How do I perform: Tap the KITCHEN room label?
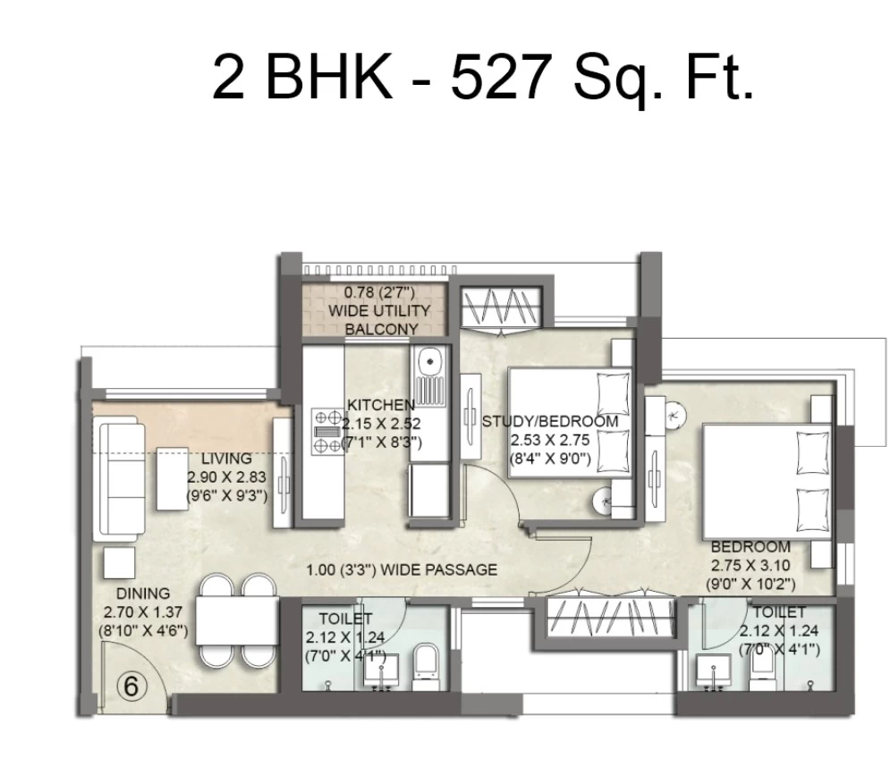(381, 405)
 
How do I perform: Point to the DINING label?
(143, 594)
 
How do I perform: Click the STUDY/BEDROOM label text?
(550, 422)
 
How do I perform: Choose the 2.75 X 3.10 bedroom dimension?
(750, 566)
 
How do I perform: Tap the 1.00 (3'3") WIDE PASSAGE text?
(402, 569)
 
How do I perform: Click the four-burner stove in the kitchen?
(326, 431)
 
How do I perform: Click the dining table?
(237, 620)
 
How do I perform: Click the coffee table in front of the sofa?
(173, 478)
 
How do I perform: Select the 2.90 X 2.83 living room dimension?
(226, 477)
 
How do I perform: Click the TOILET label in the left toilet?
(345, 618)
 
